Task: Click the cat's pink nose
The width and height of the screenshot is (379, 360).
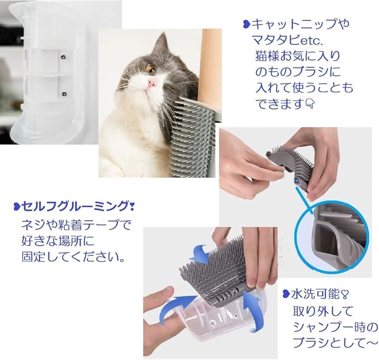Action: tap(152, 84)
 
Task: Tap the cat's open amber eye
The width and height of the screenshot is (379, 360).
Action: tap(150, 68)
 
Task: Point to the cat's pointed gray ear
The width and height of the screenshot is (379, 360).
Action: tap(162, 43)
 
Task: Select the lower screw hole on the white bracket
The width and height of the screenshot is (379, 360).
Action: tap(64, 94)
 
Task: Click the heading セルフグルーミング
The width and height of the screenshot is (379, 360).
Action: tap(75, 207)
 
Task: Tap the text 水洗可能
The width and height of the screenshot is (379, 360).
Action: tap(315, 294)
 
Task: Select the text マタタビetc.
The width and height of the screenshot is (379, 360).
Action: tap(287, 40)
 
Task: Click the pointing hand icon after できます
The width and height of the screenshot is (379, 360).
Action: tap(310, 104)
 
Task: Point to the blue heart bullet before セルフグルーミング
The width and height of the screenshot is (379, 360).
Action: tap(17, 207)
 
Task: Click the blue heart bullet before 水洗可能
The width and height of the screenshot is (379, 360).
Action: tap(286, 294)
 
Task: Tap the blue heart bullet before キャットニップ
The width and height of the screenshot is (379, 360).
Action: tap(246, 24)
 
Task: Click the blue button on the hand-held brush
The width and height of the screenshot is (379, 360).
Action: tap(297, 180)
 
